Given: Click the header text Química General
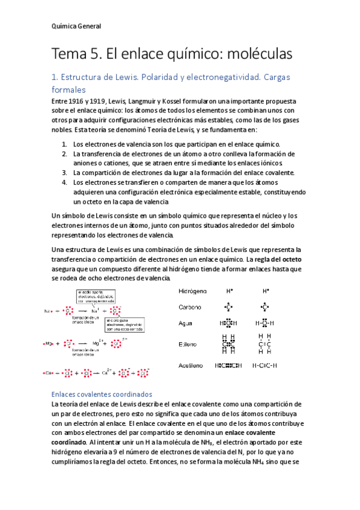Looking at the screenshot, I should (x=76, y=26).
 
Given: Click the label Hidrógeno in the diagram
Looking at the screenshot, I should (x=193, y=291).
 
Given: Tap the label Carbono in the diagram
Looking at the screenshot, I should (x=191, y=307).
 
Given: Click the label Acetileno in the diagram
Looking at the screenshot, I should (x=192, y=365).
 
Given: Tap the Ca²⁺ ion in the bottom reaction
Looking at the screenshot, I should (x=106, y=373).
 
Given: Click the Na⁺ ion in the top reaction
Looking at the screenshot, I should (x=94, y=311).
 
